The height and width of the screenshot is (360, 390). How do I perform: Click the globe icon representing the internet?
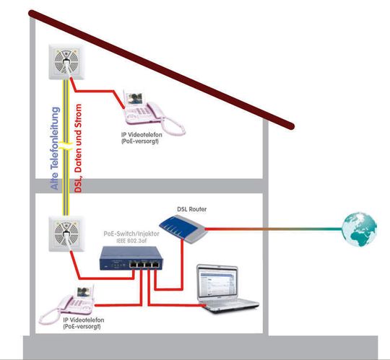359,229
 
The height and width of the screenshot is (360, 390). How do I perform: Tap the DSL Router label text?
192,209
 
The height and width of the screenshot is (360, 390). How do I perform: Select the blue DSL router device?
183,229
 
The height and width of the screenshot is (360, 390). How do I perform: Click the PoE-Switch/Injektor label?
131,234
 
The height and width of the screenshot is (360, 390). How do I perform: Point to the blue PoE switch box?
131,258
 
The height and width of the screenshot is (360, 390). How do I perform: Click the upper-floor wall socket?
66,62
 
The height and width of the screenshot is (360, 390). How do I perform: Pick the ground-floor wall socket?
66,234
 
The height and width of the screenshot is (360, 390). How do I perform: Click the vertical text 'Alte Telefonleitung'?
55,149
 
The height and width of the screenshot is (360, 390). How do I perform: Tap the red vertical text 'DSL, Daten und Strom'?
78,148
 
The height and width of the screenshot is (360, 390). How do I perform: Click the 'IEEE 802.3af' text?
131,241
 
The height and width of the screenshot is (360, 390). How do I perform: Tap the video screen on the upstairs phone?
134,99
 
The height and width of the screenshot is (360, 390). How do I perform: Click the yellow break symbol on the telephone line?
66,146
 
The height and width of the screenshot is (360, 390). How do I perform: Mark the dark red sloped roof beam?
162,69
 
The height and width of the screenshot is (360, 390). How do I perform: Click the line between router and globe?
274,229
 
